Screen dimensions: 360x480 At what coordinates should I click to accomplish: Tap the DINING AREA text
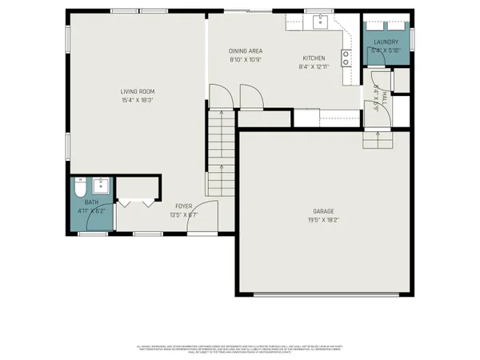pos(245,50)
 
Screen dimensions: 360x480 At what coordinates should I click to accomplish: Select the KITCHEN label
pos(313,58)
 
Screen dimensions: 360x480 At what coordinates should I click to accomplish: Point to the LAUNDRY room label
pos(385,42)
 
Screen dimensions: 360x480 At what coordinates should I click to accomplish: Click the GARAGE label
pos(322,212)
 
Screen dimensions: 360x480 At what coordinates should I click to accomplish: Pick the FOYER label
pos(183,206)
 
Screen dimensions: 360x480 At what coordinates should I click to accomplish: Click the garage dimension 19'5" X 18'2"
pos(322,220)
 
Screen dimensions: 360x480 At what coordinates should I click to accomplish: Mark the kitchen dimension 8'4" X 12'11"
pos(313,67)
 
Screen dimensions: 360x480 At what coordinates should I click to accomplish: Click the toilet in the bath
pos(79,188)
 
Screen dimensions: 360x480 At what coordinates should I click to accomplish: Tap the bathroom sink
pos(102,186)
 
